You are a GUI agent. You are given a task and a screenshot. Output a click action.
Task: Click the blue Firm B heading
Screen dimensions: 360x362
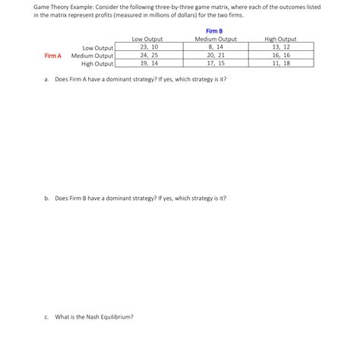[215, 30]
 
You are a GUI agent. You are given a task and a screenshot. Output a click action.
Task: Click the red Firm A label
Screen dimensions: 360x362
[53, 56]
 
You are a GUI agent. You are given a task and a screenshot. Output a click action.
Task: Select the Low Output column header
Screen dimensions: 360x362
[147, 39]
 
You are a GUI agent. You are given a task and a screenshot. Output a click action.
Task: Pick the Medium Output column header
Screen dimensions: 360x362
[216, 39]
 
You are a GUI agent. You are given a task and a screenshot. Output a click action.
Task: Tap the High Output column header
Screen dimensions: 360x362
[280, 39]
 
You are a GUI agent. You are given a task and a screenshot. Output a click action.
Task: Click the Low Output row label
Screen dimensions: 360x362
[97, 47]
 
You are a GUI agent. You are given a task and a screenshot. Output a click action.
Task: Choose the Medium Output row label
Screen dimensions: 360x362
[92, 56]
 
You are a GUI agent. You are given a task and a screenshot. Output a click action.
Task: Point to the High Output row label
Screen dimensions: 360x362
[96, 64]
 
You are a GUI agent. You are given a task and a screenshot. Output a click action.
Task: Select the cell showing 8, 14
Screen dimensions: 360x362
[216, 47]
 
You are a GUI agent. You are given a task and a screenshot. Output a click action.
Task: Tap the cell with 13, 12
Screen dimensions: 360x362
[280, 47]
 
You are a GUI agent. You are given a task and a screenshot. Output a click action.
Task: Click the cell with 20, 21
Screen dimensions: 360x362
[216, 56]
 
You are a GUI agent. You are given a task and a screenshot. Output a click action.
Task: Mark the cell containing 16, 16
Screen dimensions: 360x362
[280, 56]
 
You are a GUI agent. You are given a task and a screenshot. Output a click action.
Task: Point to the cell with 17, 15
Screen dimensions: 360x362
[216, 64]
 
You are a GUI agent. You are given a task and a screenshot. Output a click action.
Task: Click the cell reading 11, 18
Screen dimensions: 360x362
[280, 64]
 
